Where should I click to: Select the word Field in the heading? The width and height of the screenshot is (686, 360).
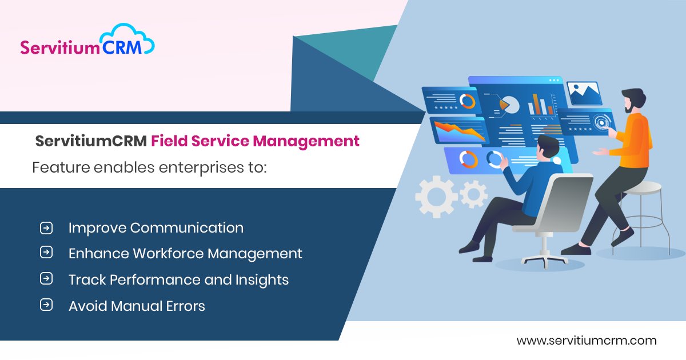(x=169, y=141)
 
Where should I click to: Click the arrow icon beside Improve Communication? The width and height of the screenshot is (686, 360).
(x=46, y=228)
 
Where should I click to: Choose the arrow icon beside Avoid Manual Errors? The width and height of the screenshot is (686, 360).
(x=46, y=306)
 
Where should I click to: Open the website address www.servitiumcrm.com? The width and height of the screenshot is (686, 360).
(x=587, y=341)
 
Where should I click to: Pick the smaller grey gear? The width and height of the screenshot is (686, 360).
(x=473, y=194)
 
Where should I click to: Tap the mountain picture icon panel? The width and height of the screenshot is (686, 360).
(x=584, y=93)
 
